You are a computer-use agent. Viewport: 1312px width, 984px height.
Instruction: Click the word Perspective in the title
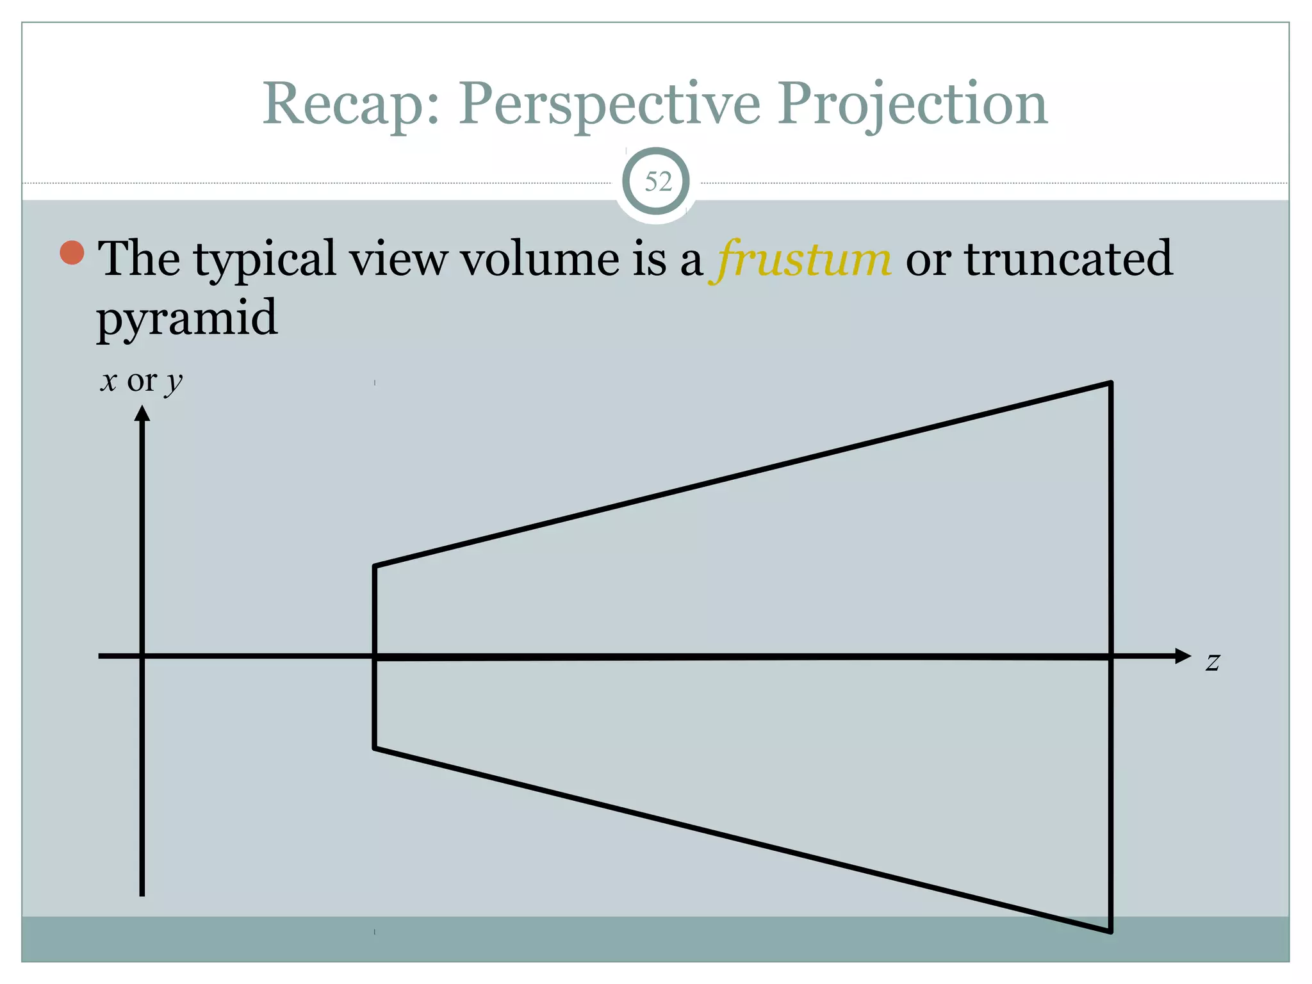point(609,104)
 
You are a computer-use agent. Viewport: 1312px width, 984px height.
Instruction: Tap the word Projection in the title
point(913,104)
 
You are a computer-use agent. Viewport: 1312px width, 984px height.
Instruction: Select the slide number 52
point(657,182)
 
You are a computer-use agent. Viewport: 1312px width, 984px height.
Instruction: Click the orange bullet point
point(72,252)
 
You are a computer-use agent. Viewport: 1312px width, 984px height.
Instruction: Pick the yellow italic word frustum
point(801,259)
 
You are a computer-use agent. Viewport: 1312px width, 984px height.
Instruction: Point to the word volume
point(539,258)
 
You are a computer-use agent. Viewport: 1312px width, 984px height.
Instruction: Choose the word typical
point(265,259)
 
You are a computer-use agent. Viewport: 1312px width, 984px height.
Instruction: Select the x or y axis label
point(142,381)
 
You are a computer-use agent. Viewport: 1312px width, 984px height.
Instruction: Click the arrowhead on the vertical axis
point(142,414)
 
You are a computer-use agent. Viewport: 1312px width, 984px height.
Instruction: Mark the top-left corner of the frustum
point(375,566)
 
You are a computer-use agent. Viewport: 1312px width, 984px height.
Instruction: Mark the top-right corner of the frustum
point(1110,383)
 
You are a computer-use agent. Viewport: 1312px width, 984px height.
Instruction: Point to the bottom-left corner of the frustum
point(375,748)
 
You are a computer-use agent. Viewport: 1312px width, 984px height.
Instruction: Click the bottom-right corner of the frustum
point(1110,931)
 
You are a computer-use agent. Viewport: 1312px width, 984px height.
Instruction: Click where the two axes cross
point(142,656)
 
